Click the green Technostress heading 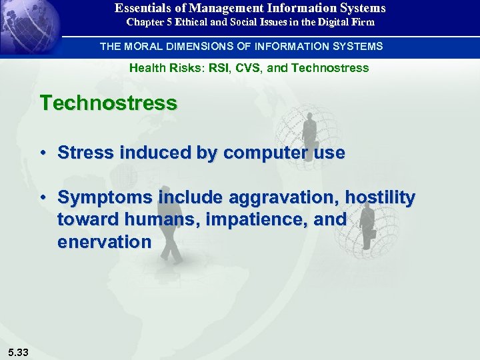tap(108, 103)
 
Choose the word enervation tap(104, 241)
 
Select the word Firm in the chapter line tap(363, 22)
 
